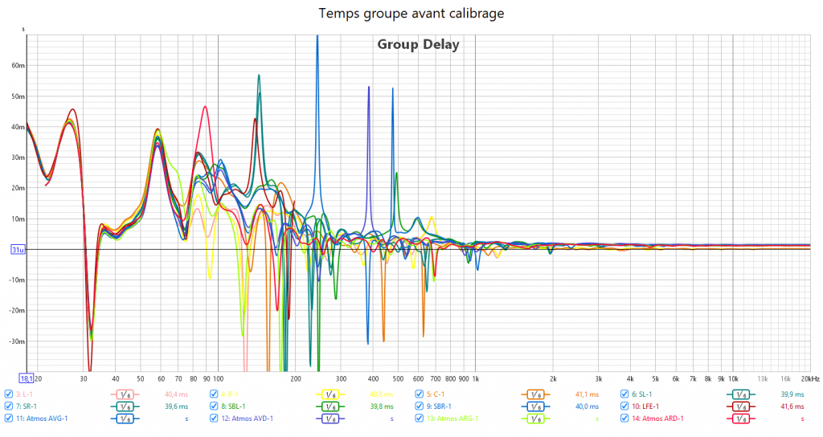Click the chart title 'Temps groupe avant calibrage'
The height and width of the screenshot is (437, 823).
click(411, 13)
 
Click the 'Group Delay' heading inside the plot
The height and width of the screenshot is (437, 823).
click(418, 44)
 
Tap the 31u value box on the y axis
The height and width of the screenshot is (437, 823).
click(15, 250)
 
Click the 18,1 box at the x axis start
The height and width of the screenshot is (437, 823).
click(26, 378)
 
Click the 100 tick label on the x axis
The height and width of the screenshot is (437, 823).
click(217, 378)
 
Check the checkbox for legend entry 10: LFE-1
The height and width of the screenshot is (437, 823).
click(625, 406)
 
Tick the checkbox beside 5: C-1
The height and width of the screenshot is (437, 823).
click(420, 394)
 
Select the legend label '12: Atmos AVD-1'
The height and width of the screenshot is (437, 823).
click(246, 419)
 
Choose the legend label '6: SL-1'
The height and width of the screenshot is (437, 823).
click(641, 394)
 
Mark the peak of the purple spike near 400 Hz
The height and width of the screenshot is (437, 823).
click(369, 86)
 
